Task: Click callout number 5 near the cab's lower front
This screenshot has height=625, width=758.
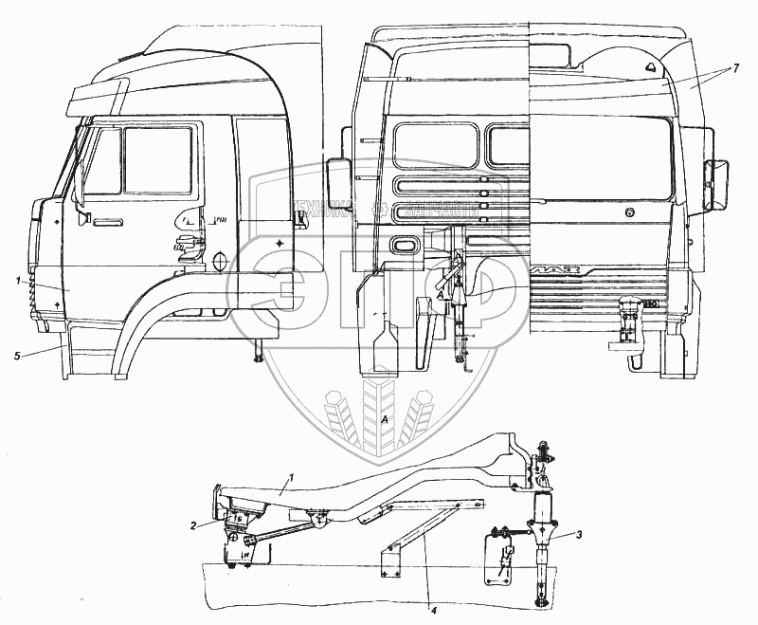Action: [18, 355]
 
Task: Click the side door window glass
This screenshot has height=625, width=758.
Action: [157, 160]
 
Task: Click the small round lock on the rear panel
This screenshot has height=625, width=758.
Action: [630, 214]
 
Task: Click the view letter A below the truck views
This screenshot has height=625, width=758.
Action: [383, 419]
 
